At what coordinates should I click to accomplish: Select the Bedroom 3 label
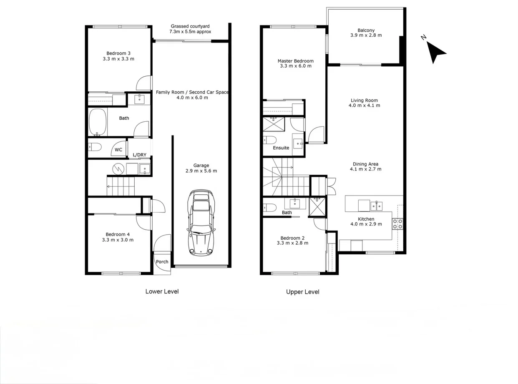pyautogui.click(x=118, y=53)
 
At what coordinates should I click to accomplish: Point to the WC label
pyautogui.click(x=118, y=150)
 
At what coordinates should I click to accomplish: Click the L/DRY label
pyautogui.click(x=140, y=155)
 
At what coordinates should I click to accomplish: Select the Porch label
pyautogui.click(x=162, y=262)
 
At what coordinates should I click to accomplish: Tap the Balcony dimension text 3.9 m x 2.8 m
pyautogui.click(x=366, y=35)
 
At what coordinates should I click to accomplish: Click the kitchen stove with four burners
pyautogui.click(x=397, y=224)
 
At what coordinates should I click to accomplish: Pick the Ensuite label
pyautogui.click(x=281, y=148)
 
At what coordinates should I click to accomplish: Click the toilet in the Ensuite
pyautogui.click(x=270, y=139)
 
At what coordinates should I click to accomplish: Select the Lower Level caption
pyautogui.click(x=162, y=291)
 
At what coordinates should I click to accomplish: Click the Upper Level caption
pyautogui.click(x=302, y=292)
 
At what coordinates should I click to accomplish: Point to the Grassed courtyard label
pyautogui.click(x=190, y=26)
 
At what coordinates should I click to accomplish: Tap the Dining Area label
pyautogui.click(x=365, y=164)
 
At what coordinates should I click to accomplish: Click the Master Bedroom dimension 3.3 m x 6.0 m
pyautogui.click(x=296, y=66)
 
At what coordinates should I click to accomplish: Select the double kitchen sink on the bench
pyautogui.click(x=377, y=206)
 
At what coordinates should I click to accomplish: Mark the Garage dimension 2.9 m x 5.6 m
pyautogui.click(x=201, y=171)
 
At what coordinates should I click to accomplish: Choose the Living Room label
pyautogui.click(x=364, y=100)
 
